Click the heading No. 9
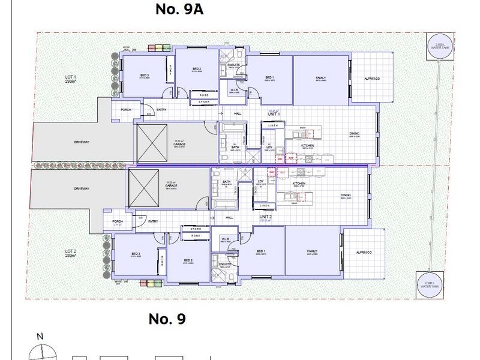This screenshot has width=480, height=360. pyautogui.click(x=167, y=319)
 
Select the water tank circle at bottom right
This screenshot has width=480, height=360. pyautogui.click(x=428, y=283)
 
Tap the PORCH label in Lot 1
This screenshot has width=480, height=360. pyautogui.click(x=126, y=110)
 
